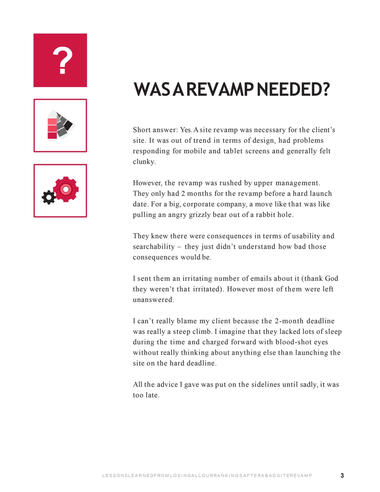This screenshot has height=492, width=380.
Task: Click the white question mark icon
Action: tap(62, 61)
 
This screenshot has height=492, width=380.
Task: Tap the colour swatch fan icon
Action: tap(61, 125)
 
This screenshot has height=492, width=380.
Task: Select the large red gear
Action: tap(66, 189)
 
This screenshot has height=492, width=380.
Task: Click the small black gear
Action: tap(49, 197)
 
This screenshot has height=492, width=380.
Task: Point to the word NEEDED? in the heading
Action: tap(293, 90)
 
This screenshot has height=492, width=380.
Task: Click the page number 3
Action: tap(342, 476)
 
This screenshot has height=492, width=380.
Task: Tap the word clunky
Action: tap(144, 162)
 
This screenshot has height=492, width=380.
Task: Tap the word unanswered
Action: tap(153, 300)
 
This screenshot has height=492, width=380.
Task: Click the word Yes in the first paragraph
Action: tap(186, 130)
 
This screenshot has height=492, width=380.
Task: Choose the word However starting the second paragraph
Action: tap(147, 183)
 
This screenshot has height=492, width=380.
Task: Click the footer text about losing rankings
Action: tap(207, 476)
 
